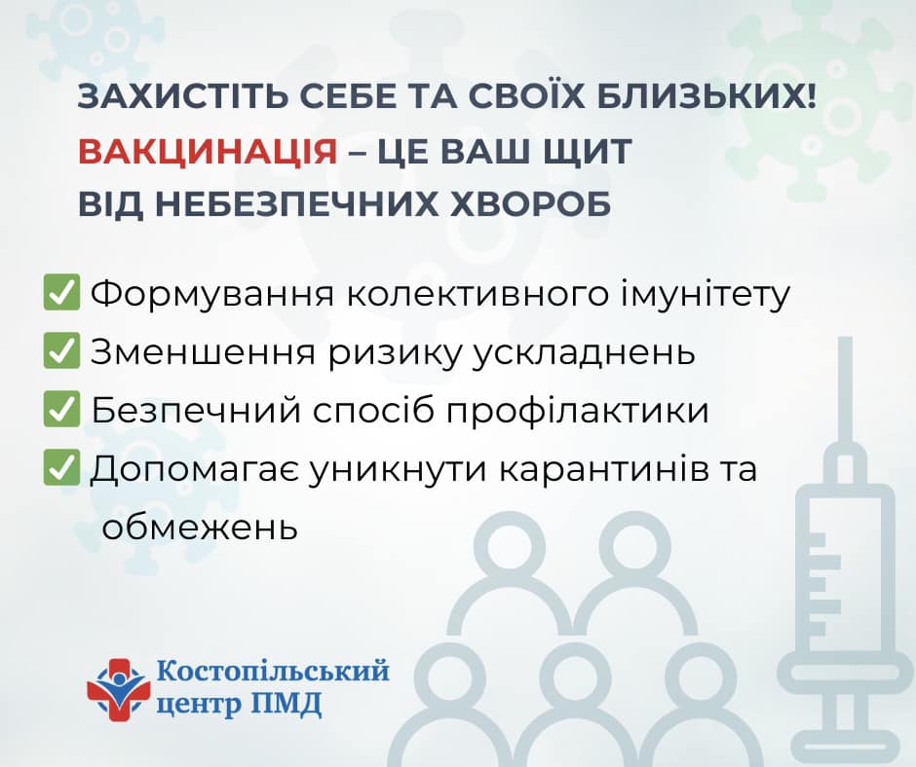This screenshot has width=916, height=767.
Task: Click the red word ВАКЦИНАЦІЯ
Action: tap(208, 151)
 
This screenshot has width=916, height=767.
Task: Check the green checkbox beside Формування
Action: tap(61, 292)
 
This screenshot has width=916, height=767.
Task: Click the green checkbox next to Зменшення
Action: tap(61, 350)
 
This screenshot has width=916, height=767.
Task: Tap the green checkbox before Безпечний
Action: tap(61, 409)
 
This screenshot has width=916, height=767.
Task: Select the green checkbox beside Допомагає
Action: tap(61, 467)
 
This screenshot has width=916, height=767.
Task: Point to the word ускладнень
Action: tap(583, 352)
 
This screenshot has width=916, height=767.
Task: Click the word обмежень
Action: tap(200, 528)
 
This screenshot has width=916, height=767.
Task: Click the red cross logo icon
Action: tap(117, 690)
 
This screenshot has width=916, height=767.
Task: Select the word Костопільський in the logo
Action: tap(274, 670)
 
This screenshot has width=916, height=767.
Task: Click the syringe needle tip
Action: tap(845, 339)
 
